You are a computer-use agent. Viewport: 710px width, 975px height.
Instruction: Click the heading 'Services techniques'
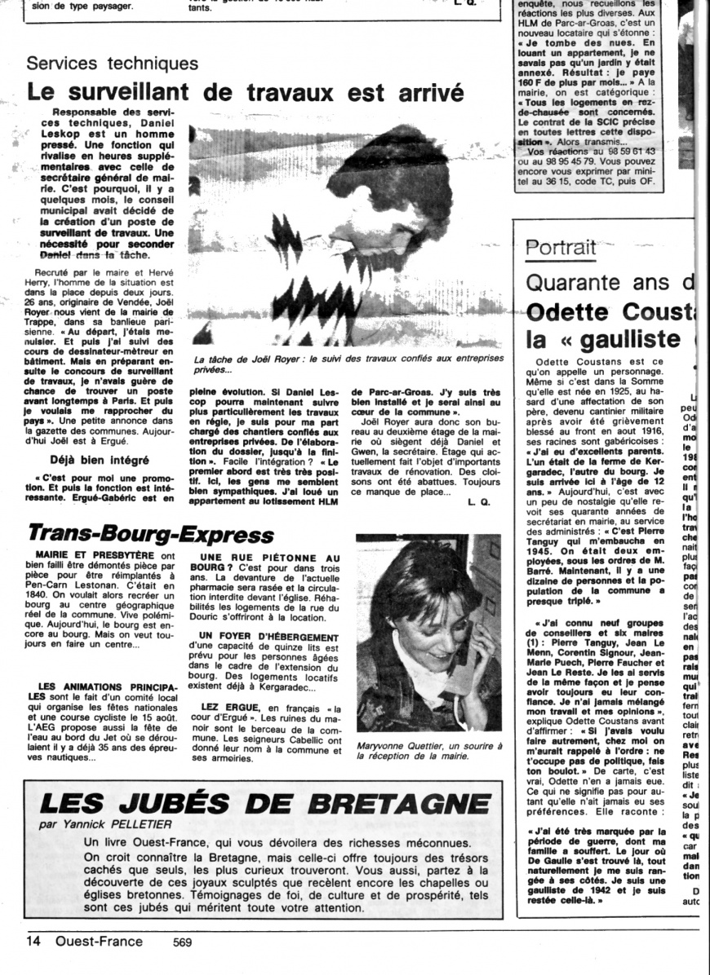coord(113,64)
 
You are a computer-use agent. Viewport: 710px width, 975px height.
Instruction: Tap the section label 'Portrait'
coord(561,247)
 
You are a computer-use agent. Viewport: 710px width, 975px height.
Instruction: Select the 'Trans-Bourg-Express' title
coord(151,535)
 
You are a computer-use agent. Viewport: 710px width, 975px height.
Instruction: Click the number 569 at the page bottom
coord(183,942)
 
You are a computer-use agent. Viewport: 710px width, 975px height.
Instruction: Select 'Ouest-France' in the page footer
coord(99,942)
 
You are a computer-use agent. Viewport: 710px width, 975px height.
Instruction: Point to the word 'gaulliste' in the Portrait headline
coord(628,338)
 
